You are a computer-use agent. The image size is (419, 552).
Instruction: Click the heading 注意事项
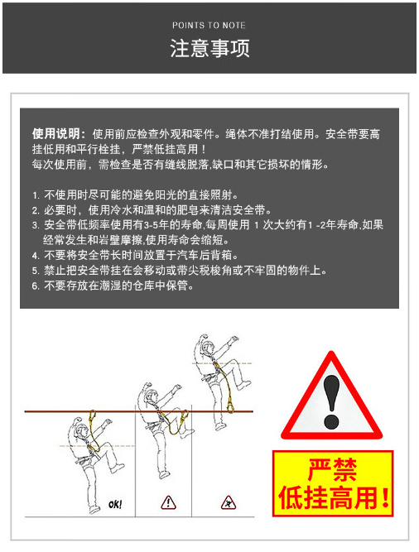pyautogui.click(x=209, y=48)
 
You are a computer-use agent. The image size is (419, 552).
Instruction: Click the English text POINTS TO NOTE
pyautogui.click(x=209, y=26)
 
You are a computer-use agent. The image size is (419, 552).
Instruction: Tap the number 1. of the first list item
pyautogui.click(x=36, y=195)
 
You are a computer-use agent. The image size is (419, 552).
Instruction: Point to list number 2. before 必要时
pyautogui.click(x=36, y=210)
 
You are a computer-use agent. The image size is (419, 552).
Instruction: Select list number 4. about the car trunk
pyautogui.click(x=36, y=255)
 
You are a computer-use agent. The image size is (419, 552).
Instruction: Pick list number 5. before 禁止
pyautogui.click(x=36, y=270)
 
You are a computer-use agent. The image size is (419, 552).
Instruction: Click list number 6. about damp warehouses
pyautogui.click(x=36, y=286)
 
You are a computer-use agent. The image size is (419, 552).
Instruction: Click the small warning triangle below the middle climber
pyautogui.click(x=168, y=502)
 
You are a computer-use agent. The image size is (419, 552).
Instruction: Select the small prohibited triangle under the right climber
pyautogui.click(x=228, y=502)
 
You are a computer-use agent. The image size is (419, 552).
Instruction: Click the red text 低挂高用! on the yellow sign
pyautogui.click(x=333, y=497)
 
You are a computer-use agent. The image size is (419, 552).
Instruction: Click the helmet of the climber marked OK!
pyautogui.click(x=82, y=425)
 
